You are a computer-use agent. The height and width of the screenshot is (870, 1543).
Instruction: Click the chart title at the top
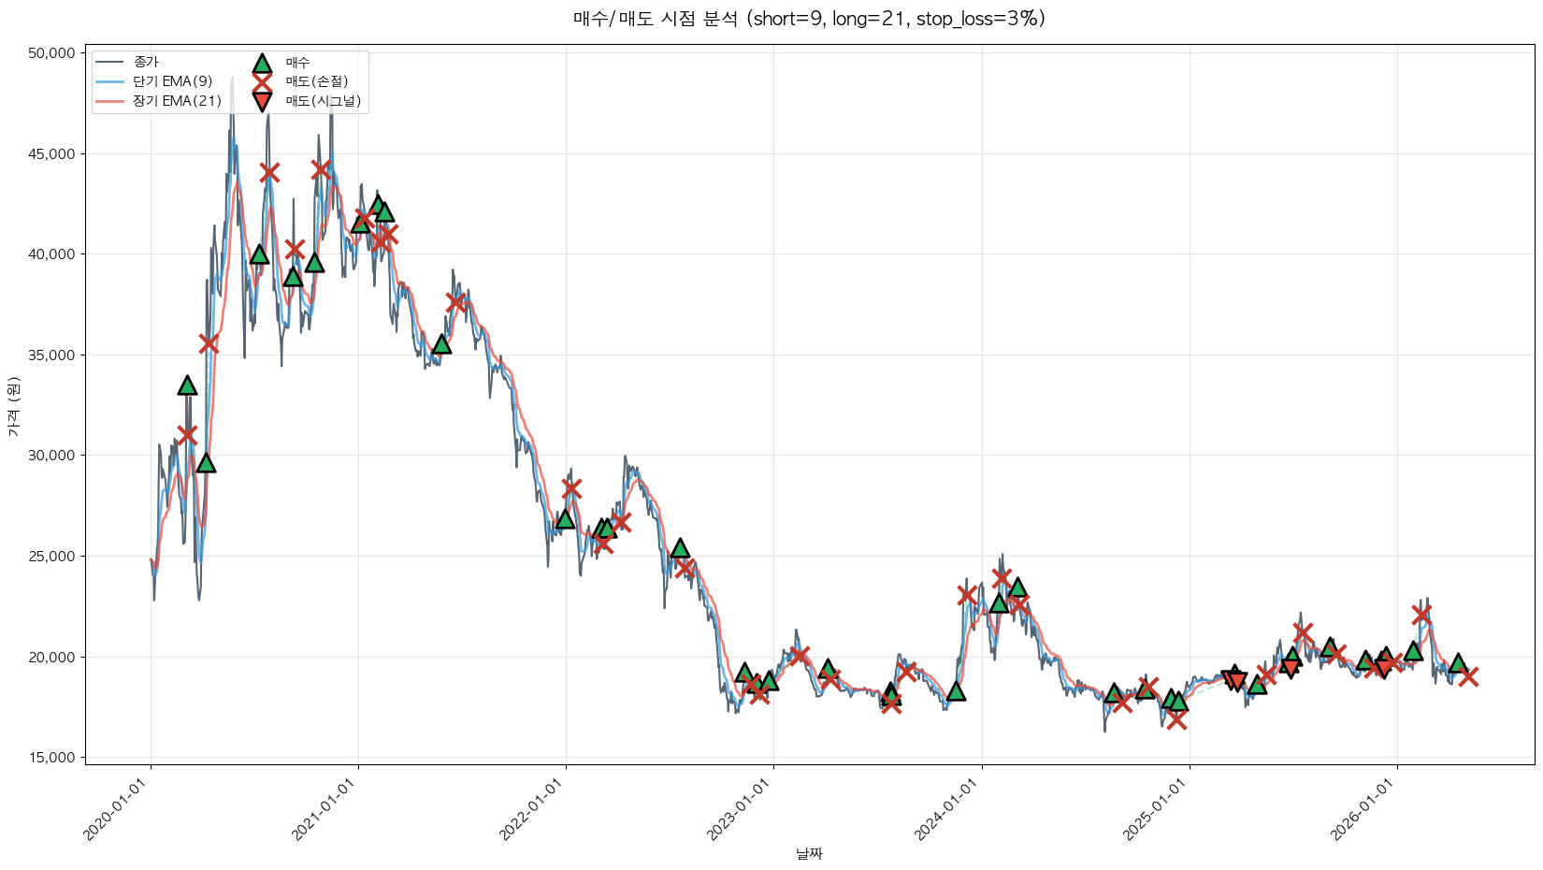tap(810, 19)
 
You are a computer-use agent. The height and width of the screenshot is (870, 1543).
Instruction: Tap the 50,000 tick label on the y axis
tap(51, 53)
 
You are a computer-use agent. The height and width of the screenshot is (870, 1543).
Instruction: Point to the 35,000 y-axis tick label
tap(51, 355)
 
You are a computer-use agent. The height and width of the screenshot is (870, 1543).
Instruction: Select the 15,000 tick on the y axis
tap(51, 758)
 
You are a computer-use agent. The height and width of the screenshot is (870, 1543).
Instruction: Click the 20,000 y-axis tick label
tap(51, 657)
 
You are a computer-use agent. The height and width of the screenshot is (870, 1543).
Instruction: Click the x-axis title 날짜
tap(810, 853)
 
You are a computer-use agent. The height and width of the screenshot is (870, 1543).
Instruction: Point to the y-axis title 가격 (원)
tap(14, 406)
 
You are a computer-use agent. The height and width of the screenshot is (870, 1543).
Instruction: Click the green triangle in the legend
tap(262, 64)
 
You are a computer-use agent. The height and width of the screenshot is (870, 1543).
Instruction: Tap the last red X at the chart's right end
tap(1468, 676)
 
